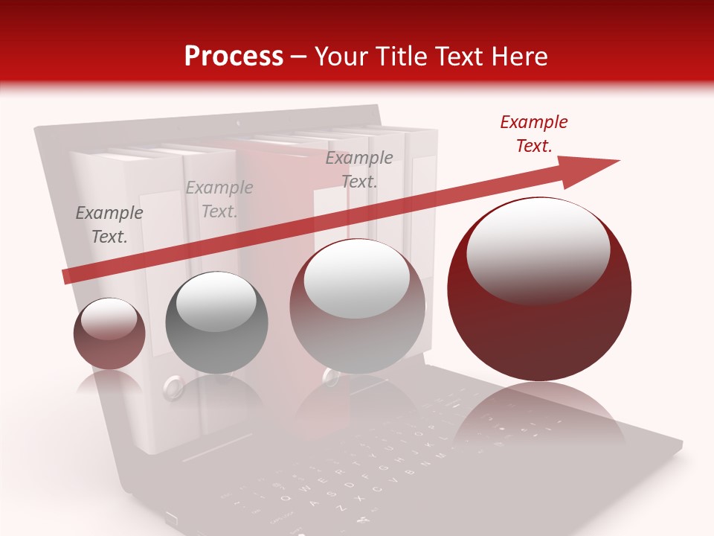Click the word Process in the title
coord(234,57)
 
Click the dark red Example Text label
coord(533,134)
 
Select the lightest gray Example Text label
coord(219,200)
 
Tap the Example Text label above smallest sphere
coord(109,225)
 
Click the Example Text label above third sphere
coord(359,169)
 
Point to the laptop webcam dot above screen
coord(238,121)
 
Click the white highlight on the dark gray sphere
coord(216,301)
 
